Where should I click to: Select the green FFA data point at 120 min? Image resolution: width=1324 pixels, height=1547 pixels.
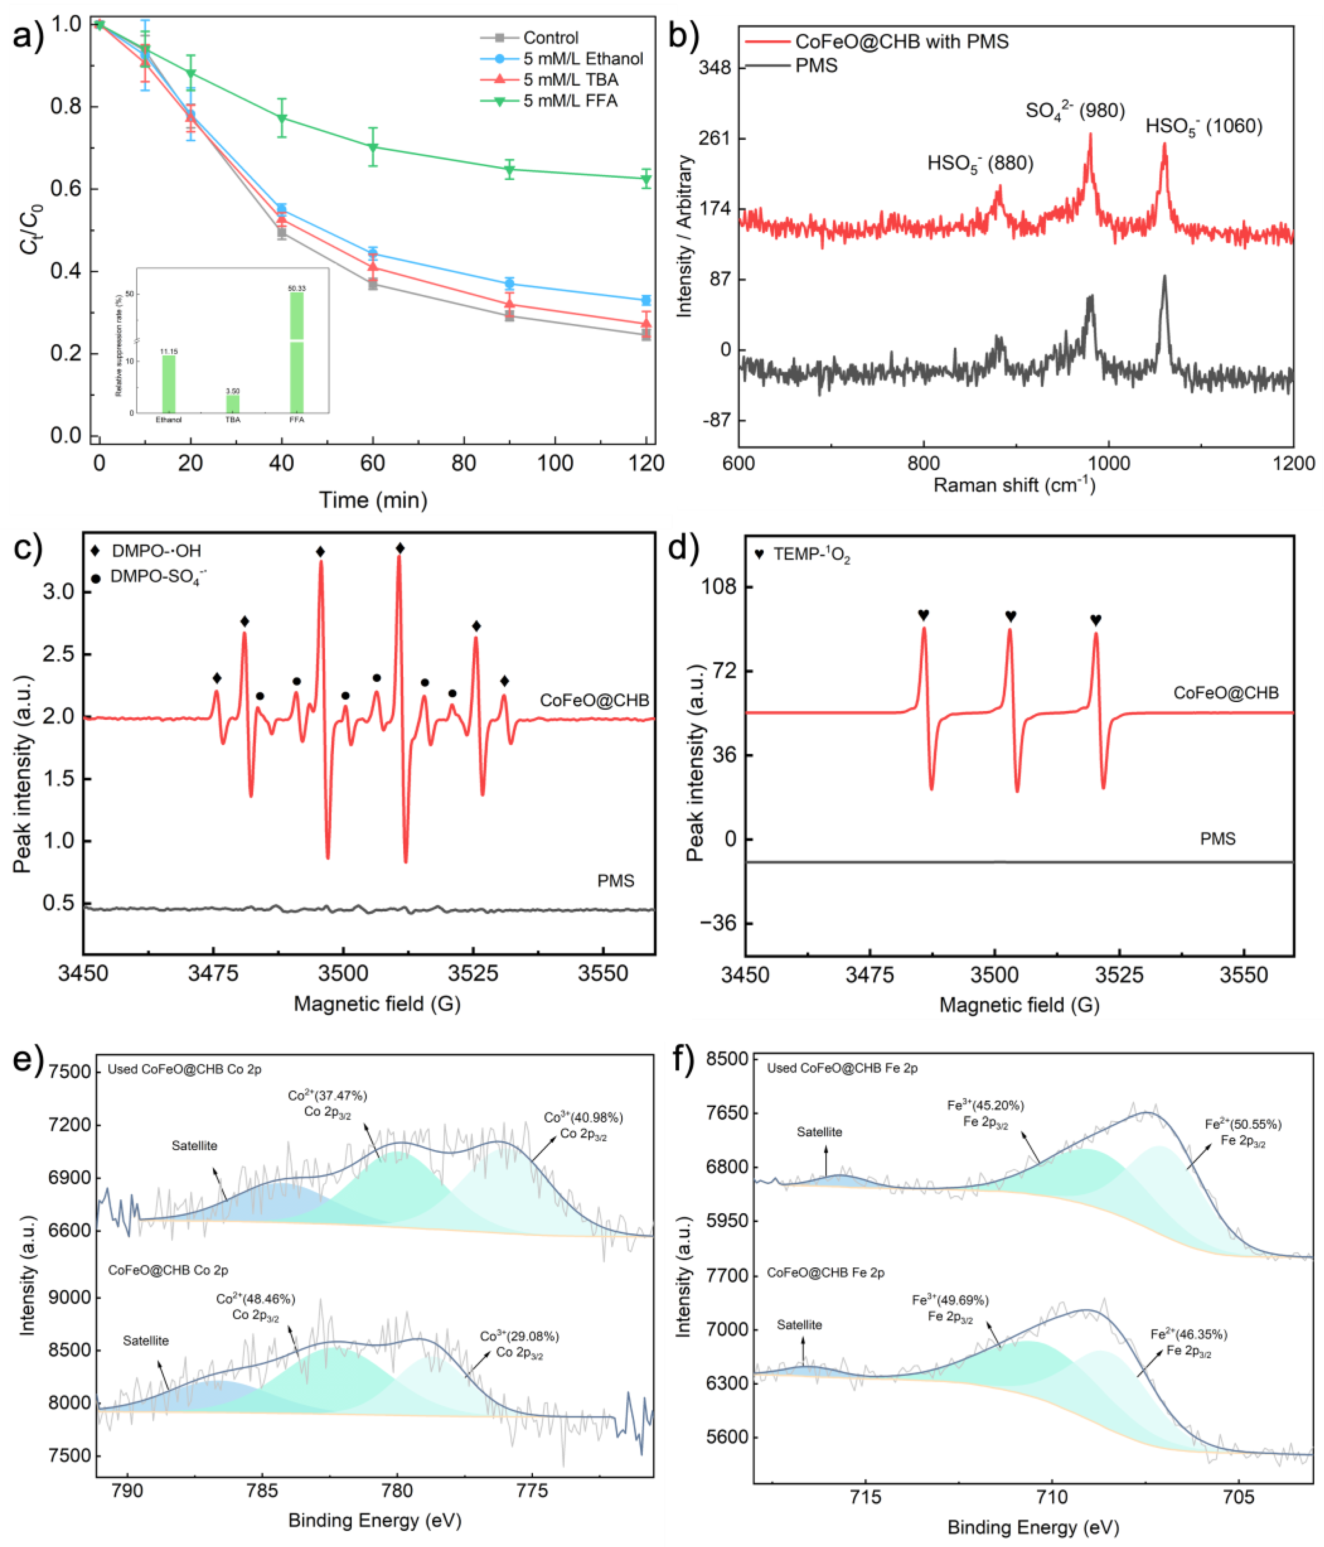click(x=646, y=178)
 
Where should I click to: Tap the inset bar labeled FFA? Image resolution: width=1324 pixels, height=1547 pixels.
click(x=297, y=351)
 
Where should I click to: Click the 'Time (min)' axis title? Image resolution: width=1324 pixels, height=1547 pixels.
click(x=373, y=499)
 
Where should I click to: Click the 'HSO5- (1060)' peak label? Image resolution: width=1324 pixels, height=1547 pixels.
click(x=1204, y=126)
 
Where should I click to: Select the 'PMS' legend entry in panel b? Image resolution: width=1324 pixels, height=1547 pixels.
click(x=816, y=66)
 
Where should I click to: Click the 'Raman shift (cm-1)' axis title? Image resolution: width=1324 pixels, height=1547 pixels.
click(x=1015, y=485)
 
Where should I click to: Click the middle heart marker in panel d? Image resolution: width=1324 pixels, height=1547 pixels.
click(x=1010, y=616)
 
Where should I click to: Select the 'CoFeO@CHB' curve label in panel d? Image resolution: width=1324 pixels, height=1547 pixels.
click(x=1225, y=693)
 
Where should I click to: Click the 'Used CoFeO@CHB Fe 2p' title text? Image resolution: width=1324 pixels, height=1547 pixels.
click(x=842, y=1068)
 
